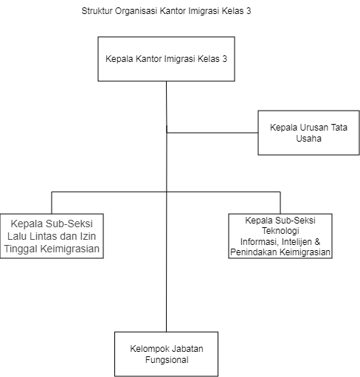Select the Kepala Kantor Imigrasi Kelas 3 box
[166, 59]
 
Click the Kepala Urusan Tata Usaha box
[308, 133]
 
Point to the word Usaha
[308, 139]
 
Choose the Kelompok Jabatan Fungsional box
[166, 354]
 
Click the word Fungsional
[167, 360]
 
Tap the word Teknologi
[280, 231]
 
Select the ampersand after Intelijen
[317, 242]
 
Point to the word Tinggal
[21, 249]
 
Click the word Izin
[88, 236]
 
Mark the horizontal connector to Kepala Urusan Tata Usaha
[212, 133]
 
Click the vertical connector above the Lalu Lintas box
[52, 203]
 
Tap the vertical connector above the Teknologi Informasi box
[280, 203]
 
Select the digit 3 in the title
[249, 11]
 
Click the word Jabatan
[187, 349]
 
